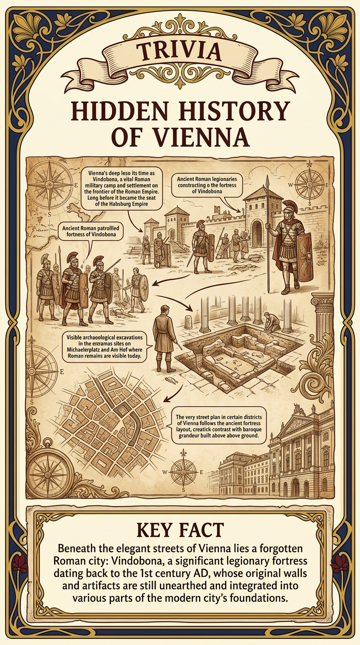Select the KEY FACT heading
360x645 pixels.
(x=180, y=530)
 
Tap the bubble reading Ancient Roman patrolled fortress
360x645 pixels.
(x=90, y=232)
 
